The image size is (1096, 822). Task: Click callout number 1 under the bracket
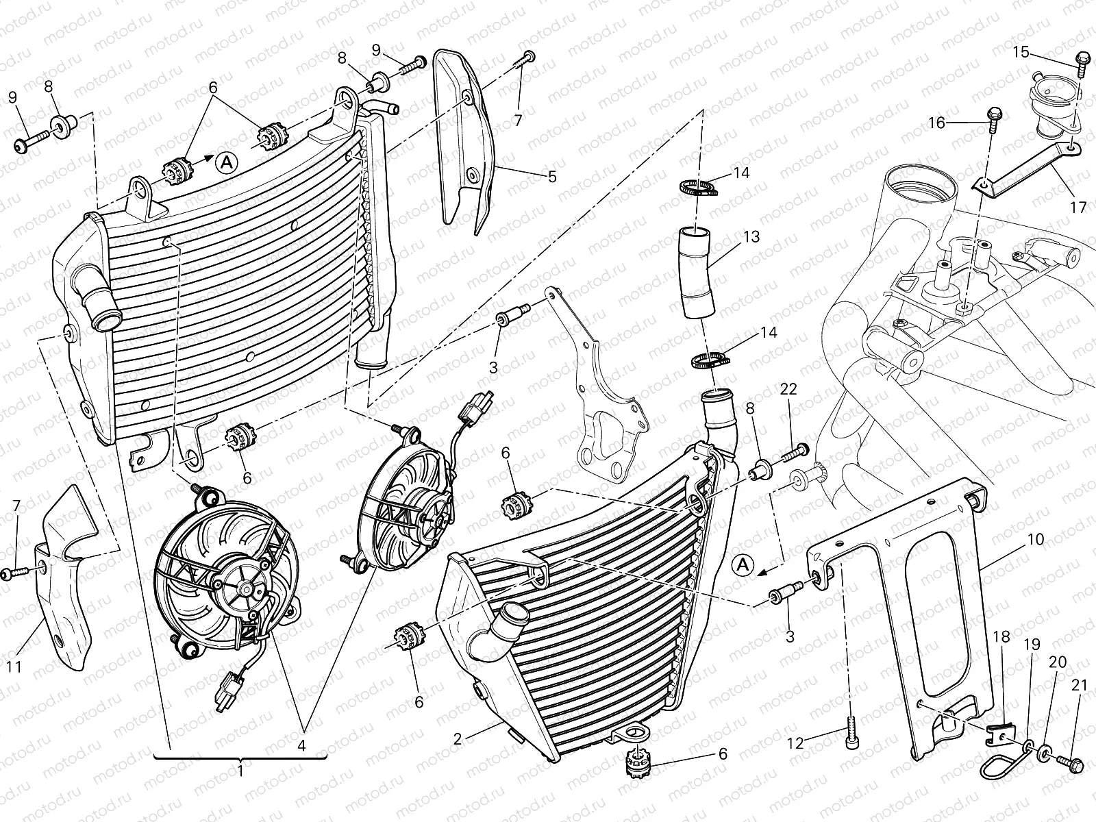point(240,770)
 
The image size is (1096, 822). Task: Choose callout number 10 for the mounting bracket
point(1035,539)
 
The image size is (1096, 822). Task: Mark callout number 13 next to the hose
point(751,237)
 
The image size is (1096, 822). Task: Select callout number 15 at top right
point(1021,51)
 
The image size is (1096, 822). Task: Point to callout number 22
point(788,388)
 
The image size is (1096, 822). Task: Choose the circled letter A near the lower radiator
point(743,566)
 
